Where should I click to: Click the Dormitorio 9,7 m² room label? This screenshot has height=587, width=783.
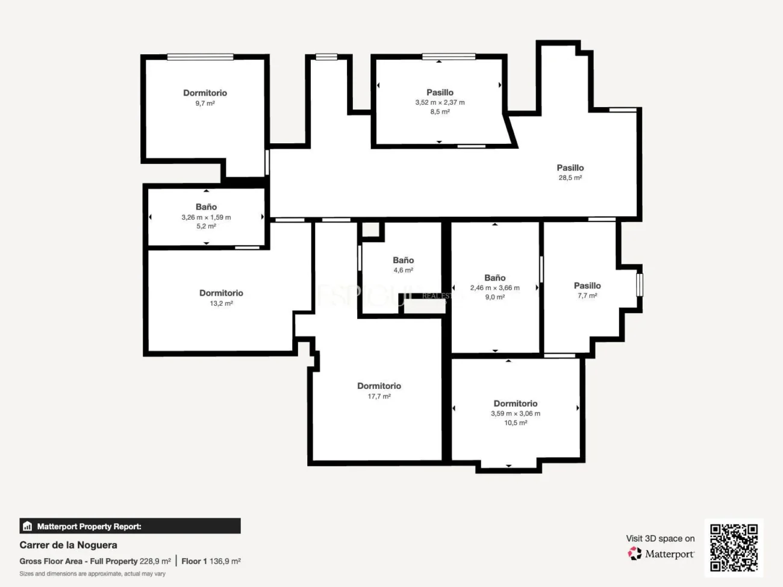[205, 93]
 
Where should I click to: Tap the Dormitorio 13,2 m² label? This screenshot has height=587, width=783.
[221, 293]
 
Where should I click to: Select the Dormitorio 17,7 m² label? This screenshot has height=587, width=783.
[379, 386]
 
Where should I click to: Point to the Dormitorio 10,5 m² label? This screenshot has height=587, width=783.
[516, 404]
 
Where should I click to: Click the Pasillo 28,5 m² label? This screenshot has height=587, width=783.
[570, 168]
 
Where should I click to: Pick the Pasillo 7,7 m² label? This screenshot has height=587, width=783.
[587, 286]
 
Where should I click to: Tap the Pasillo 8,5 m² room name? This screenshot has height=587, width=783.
[440, 93]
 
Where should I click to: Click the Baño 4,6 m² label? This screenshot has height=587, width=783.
[403, 260]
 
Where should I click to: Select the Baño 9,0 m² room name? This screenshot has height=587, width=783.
[494, 278]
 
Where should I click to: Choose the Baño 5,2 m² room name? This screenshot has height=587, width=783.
[206, 207]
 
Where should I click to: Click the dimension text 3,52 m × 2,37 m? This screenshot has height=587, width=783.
[440, 102]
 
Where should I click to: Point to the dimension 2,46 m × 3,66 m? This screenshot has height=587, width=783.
[494, 288]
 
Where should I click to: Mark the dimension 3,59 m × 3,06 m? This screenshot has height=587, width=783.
[516, 414]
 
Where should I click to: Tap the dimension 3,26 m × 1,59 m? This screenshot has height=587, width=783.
[206, 217]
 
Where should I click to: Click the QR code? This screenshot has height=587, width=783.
[734, 547]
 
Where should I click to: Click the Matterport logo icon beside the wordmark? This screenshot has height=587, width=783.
[635, 553]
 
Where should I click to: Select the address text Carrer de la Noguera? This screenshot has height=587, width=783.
[68, 545]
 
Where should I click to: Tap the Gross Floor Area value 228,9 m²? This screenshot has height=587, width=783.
[155, 561]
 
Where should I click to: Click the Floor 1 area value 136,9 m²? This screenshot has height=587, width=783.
[225, 561]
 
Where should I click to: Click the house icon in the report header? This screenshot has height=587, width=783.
[27, 526]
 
